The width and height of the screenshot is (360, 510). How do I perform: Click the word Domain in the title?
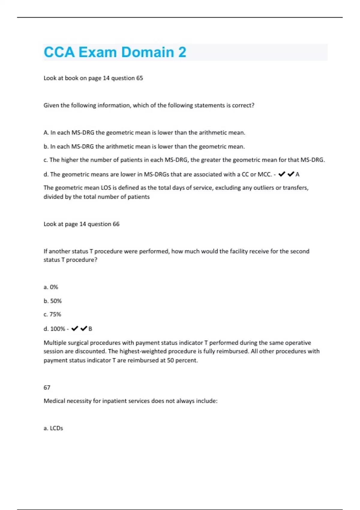147,52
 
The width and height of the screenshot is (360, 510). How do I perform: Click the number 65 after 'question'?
139,78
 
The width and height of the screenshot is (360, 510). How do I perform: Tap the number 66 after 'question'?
116,224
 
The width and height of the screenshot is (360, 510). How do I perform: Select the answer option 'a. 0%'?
51,287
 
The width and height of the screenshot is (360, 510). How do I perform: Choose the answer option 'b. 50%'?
52,301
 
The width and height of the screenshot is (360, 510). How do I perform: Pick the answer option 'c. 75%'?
52,314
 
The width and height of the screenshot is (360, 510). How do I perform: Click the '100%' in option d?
58,329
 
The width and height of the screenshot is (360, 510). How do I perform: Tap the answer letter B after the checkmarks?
90,329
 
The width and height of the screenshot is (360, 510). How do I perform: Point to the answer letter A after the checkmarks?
297,174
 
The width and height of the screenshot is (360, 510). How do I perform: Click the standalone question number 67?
47,388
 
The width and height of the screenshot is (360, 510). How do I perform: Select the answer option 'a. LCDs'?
53,428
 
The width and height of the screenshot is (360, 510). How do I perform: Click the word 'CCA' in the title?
59,52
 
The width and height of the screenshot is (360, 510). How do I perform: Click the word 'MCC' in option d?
265,174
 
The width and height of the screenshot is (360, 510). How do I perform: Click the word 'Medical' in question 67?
54,401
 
